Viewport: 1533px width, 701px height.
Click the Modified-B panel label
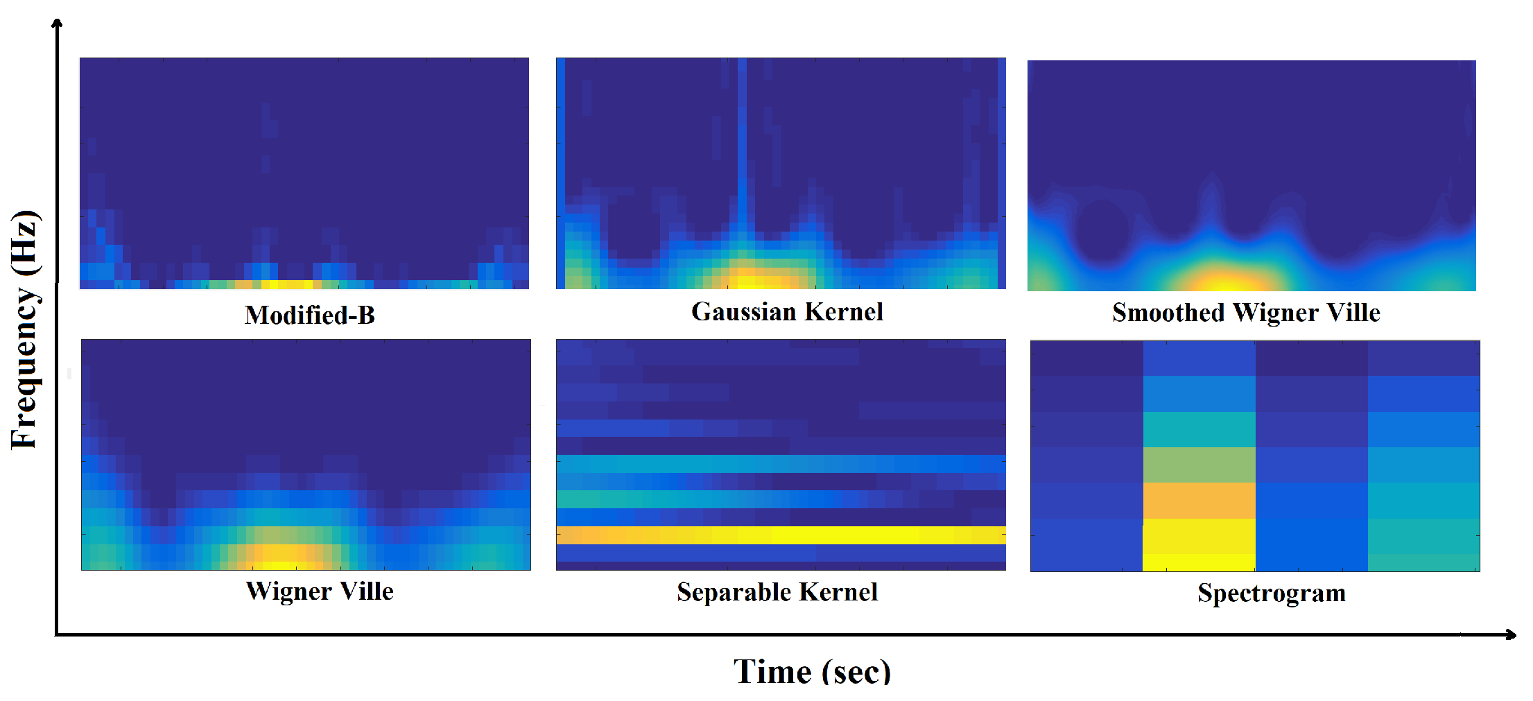(309, 315)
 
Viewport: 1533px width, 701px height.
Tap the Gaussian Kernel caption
(787, 312)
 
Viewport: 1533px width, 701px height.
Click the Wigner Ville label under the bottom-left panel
(320, 591)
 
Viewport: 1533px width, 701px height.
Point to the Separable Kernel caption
(777, 592)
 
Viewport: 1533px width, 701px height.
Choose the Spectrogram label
(1272, 594)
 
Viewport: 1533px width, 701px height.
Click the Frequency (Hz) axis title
(25, 329)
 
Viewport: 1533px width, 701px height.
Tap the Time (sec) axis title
(812, 672)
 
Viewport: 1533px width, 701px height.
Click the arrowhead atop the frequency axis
(58, 23)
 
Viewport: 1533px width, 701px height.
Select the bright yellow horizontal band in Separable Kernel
(781, 535)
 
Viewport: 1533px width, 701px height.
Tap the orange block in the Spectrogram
(1199, 501)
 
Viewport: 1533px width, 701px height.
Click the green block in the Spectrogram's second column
(1199, 465)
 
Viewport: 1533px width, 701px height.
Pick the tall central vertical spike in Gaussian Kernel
(743, 139)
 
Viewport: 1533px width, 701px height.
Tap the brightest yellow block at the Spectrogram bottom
(1199, 562)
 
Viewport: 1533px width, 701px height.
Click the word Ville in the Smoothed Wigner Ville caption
(1354, 313)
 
